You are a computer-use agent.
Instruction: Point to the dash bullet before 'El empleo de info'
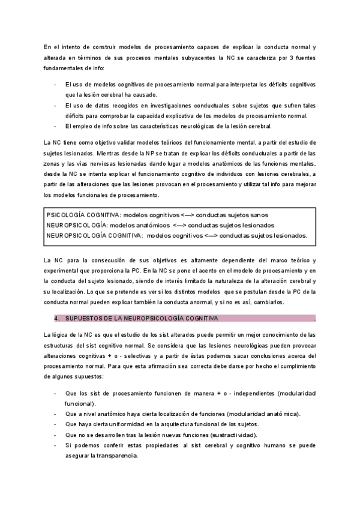click(56, 126)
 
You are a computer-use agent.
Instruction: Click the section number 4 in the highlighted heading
click(55, 318)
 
